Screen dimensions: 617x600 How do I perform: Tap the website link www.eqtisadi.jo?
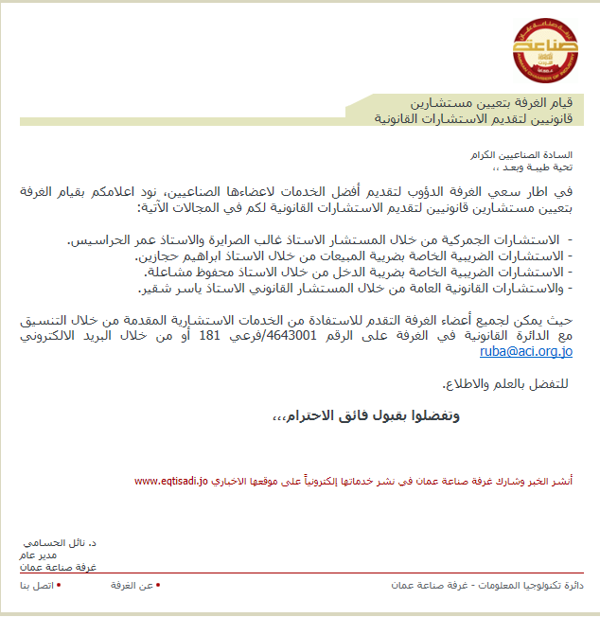tap(171, 482)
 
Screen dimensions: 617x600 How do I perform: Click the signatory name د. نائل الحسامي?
tap(60, 544)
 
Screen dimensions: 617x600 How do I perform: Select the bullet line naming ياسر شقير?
tap(355, 288)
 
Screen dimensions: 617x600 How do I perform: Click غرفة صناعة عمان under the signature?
tap(58, 568)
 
